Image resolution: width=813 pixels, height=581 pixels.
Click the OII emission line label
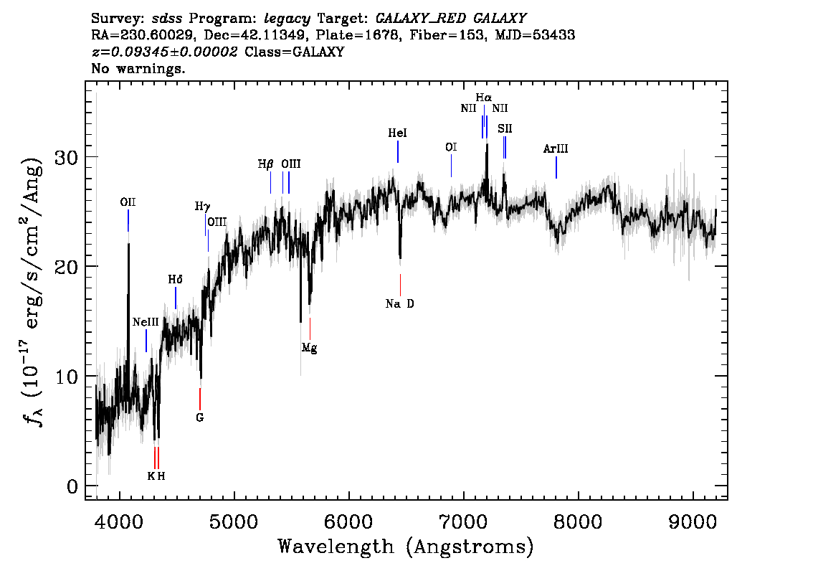(x=128, y=203)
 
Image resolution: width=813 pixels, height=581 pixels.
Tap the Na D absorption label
(x=399, y=304)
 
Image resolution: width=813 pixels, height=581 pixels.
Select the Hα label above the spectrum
(x=484, y=98)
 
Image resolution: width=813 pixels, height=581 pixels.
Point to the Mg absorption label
(x=309, y=349)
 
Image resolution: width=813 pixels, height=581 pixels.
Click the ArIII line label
(x=556, y=149)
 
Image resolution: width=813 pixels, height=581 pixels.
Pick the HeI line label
(x=397, y=133)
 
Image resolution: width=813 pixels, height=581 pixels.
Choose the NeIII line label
(x=146, y=322)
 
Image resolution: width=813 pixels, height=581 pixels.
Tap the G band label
(x=200, y=417)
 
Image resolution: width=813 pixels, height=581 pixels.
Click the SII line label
(x=505, y=128)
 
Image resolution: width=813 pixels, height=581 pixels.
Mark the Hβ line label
(x=266, y=164)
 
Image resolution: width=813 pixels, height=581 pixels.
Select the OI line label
(x=451, y=147)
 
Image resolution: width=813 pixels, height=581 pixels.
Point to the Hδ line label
(x=176, y=279)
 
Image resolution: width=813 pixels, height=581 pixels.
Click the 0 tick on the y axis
(x=72, y=486)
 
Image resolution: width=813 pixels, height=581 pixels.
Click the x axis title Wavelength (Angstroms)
(x=406, y=547)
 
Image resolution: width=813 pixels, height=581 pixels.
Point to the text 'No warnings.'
(x=138, y=70)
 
